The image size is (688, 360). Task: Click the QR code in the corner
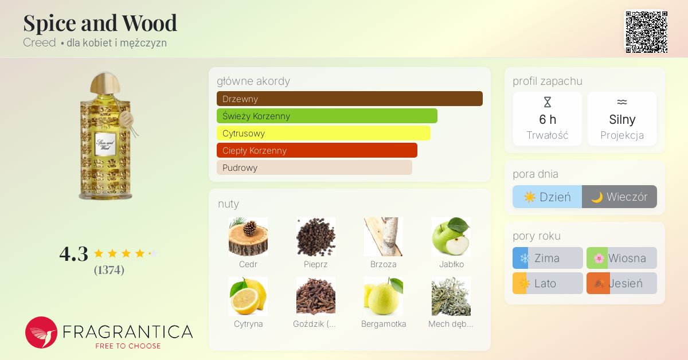point(646,32)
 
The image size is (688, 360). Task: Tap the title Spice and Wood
point(100,23)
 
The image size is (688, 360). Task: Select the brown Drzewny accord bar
point(349,99)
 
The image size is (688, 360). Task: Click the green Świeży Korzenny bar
point(327,116)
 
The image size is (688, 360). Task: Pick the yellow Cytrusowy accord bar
point(323,133)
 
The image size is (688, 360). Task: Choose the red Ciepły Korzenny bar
point(316,150)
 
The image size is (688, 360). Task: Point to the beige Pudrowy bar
point(314,167)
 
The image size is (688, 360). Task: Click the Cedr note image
point(248,237)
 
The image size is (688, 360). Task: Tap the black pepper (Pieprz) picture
point(316,237)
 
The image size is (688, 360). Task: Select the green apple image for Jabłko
point(451,237)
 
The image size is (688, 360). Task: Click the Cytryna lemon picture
point(248,296)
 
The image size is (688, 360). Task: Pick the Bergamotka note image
point(384,296)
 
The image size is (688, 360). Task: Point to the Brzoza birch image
point(384,237)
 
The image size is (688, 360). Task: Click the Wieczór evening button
point(619,197)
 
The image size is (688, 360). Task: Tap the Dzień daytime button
point(547,197)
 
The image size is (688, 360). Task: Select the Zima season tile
point(548,258)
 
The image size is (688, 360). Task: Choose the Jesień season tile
point(621,283)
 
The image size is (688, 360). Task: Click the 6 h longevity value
point(548,120)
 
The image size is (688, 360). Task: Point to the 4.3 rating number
point(74,253)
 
